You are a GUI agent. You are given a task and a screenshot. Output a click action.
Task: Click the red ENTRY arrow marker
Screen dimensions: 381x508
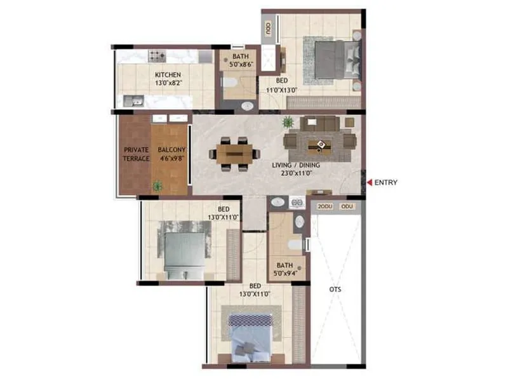coord(368,183)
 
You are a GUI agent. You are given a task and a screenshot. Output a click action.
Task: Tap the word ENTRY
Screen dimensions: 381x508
coord(386,183)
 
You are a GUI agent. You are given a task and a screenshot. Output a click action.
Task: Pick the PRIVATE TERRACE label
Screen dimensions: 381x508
coord(137,154)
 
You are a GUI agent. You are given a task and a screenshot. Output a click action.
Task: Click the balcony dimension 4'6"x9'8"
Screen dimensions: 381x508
coord(172,159)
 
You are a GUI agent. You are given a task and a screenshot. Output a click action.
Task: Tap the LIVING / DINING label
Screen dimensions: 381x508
coord(296,165)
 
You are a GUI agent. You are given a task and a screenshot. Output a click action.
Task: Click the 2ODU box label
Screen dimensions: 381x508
coord(324,206)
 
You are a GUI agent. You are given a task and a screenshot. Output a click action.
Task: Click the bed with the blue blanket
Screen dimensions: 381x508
coord(250,335)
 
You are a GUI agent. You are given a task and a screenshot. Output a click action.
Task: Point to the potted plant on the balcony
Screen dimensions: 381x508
coord(157,186)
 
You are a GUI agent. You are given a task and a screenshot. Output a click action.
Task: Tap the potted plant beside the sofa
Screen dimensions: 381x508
coord(288,121)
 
